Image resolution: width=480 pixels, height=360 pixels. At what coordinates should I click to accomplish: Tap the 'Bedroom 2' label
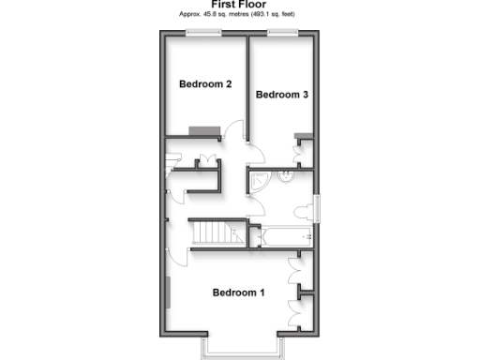205,84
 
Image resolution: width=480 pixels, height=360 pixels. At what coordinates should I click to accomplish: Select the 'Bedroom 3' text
281,95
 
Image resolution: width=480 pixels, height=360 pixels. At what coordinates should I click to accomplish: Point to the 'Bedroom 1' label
238,292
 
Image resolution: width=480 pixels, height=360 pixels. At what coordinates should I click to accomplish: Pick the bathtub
280,235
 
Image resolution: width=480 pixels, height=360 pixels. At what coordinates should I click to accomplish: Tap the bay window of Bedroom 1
238,350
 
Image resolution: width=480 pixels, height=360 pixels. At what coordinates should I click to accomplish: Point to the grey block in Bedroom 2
203,130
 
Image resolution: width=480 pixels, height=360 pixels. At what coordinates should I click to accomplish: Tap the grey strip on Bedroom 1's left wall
169,295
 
